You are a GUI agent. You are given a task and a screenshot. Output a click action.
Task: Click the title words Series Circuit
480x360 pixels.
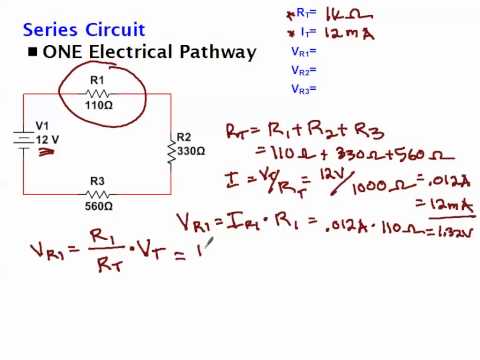[x=84, y=30]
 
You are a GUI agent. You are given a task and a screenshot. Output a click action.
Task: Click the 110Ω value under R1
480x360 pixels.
[x=97, y=105]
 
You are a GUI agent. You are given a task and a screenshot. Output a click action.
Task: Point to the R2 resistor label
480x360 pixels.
[x=183, y=138]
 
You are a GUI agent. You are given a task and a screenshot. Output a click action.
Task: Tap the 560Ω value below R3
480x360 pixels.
[x=97, y=208]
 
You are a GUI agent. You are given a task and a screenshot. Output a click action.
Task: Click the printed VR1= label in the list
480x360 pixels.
[x=303, y=50]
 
